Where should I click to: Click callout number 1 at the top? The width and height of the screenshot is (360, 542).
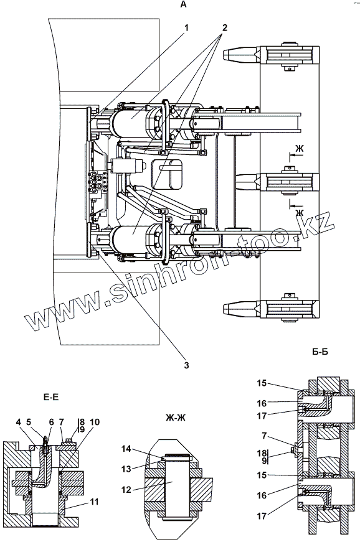[187, 27]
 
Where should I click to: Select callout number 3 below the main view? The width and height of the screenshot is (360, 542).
[186, 365]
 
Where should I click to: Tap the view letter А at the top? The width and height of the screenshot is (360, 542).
[183, 4]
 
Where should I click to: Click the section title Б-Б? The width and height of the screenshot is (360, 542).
[320, 352]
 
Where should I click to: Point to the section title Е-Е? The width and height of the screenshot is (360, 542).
[51, 397]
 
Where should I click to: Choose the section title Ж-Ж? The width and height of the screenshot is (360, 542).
[176, 418]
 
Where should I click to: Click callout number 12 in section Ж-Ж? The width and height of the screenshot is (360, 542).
[126, 490]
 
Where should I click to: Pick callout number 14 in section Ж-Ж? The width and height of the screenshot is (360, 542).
[126, 449]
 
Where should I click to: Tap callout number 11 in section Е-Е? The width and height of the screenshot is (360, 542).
[95, 501]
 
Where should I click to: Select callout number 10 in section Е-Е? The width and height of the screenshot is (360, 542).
[95, 422]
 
